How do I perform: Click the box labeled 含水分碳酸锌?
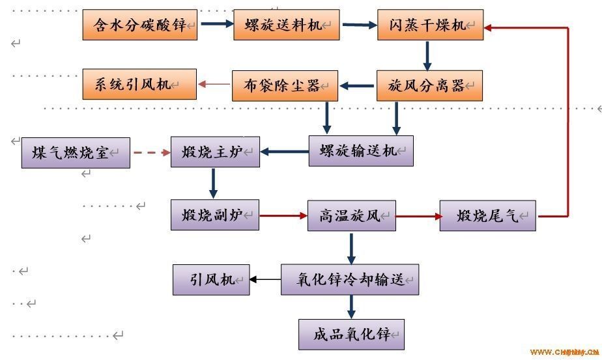[140, 25]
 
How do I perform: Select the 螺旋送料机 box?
[287, 25]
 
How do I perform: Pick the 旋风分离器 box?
[429, 85]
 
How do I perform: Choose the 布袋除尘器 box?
[285, 85]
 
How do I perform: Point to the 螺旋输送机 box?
[360, 151]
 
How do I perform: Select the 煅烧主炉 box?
[214, 152]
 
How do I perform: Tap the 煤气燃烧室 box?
[76, 152]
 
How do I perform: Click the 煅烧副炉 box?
[214, 215]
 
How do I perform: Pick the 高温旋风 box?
[352, 215]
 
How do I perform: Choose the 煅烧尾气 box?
[487, 215]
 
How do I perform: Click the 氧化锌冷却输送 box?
[350, 279]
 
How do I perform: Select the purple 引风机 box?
[211, 279]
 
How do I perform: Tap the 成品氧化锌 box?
[352, 335]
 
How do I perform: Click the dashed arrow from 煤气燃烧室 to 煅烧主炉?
[150, 154]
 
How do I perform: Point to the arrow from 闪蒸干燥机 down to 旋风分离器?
[427, 55]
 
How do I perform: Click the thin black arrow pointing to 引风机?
[265, 280]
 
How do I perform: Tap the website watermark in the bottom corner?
[564, 352]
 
